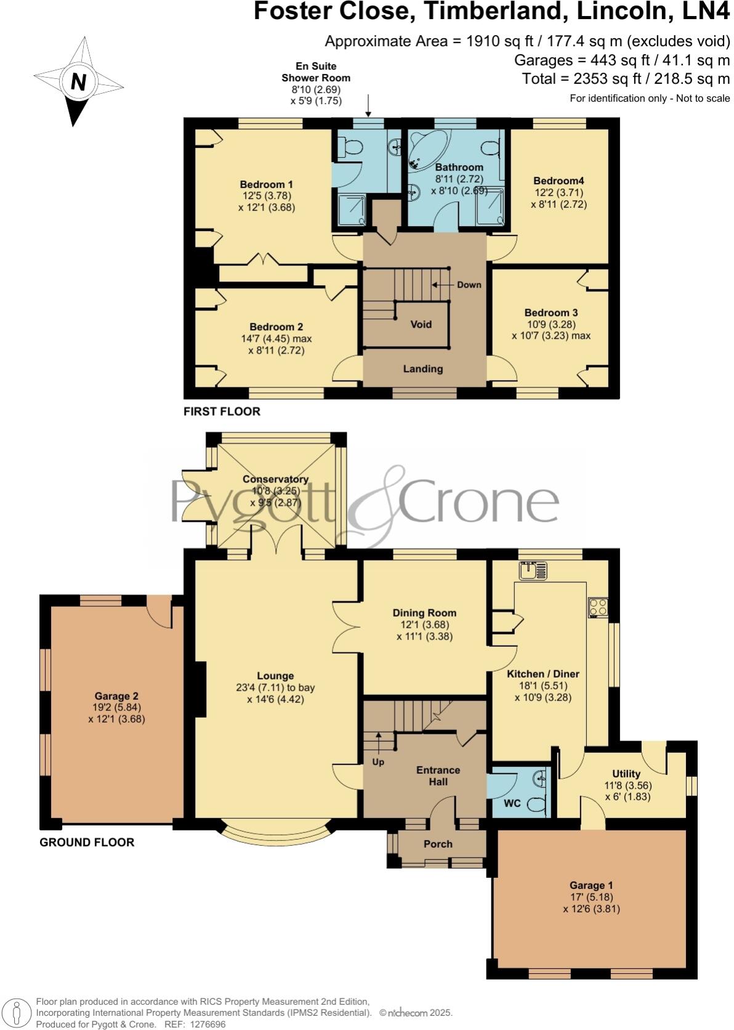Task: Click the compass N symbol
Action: tap(78, 81)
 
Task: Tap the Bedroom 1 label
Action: tap(266, 184)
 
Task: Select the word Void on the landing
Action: tap(421, 324)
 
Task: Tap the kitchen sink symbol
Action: tap(533, 571)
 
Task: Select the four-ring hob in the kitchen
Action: tap(598, 607)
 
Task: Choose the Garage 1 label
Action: tap(587, 885)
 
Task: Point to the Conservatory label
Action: tap(275, 479)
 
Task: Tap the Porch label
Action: tap(438, 844)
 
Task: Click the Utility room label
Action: tap(626, 774)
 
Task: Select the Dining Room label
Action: tap(424, 613)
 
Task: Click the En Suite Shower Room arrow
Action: tap(368, 106)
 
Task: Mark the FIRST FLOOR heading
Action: tap(222, 412)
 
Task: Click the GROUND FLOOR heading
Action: tap(87, 842)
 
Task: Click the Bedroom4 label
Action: tap(559, 180)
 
